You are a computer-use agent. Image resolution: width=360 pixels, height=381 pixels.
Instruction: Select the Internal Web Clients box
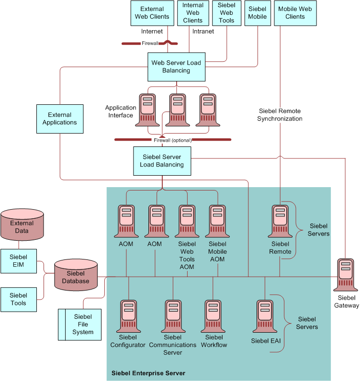[x=193, y=13]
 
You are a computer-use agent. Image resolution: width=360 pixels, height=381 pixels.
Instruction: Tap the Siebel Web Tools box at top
[x=226, y=13]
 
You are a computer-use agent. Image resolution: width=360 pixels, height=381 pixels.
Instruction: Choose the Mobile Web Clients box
[x=295, y=13]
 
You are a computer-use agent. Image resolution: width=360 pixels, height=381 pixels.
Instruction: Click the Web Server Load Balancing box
[x=176, y=67]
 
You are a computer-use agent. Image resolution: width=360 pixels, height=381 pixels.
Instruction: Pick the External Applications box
[x=60, y=119]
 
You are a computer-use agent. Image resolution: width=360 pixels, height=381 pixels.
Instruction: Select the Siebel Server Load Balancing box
[x=162, y=161]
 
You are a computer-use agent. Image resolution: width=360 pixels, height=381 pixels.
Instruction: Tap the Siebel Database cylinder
[x=76, y=275]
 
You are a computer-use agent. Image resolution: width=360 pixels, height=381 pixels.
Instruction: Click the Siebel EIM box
[x=19, y=261]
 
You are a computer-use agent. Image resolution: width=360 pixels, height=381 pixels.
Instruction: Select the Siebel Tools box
[x=19, y=300]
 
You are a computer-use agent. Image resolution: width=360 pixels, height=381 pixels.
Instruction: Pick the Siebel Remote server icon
[x=280, y=221]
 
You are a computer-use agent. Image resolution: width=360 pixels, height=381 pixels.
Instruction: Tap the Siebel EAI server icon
[x=265, y=316]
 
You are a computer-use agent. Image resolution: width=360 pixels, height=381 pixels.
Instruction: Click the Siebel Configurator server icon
[x=128, y=316]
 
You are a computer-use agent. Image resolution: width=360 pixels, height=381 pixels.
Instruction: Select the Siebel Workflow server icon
[x=214, y=316]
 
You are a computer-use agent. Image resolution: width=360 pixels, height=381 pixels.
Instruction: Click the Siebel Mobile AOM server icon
[x=217, y=221]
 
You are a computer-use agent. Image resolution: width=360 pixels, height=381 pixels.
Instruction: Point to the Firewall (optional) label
[x=172, y=140]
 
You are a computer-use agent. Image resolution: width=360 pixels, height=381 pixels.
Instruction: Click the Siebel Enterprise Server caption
[x=148, y=373]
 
